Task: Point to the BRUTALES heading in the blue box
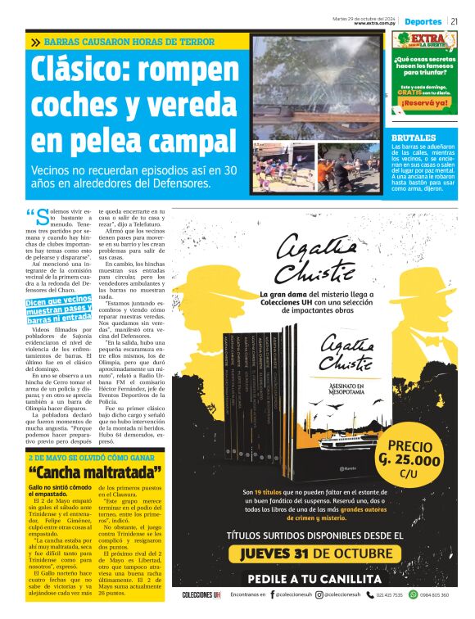[414, 138]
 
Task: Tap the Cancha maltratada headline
[94, 472]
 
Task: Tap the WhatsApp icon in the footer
[413, 594]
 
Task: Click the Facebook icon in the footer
[272, 595]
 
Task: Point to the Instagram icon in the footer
[328, 595]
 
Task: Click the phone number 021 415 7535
[388, 595]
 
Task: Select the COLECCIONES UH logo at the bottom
[201, 595]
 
